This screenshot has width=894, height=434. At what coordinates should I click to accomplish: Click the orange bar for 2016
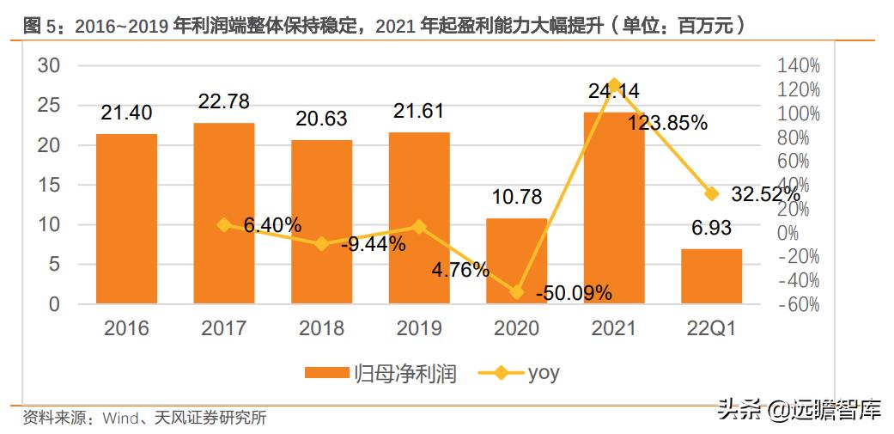click(x=126, y=218)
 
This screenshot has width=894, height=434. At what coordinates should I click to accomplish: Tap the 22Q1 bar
click(x=711, y=276)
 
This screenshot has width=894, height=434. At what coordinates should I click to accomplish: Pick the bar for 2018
click(x=321, y=222)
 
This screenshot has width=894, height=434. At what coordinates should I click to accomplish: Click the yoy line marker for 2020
click(x=516, y=292)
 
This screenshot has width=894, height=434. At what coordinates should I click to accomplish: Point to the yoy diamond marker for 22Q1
click(x=711, y=194)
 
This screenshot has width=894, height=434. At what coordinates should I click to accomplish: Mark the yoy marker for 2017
click(x=224, y=225)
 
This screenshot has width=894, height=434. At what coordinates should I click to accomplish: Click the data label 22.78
click(x=223, y=101)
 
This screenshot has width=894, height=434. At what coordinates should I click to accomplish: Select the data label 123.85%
click(x=667, y=123)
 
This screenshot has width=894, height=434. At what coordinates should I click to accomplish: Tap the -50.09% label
click(x=574, y=293)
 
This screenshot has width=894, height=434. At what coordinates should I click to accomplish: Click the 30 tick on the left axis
click(x=49, y=66)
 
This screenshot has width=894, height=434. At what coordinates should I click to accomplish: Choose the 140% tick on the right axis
click(x=800, y=66)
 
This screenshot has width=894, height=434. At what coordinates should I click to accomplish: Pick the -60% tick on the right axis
click(x=799, y=304)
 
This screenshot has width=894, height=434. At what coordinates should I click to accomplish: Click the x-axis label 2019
click(x=418, y=328)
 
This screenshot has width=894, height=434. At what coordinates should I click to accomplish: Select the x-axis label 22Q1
click(x=711, y=328)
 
